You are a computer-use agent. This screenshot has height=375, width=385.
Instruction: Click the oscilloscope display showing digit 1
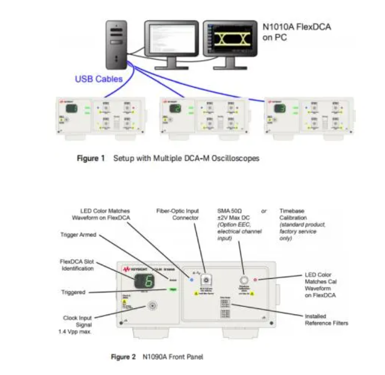72,109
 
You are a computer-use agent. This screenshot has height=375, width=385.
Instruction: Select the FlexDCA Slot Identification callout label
77,265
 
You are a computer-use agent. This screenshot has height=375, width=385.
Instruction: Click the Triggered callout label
73,292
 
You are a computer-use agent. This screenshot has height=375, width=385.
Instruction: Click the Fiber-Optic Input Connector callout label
178,214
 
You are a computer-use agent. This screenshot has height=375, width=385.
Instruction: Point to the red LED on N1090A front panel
256,279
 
